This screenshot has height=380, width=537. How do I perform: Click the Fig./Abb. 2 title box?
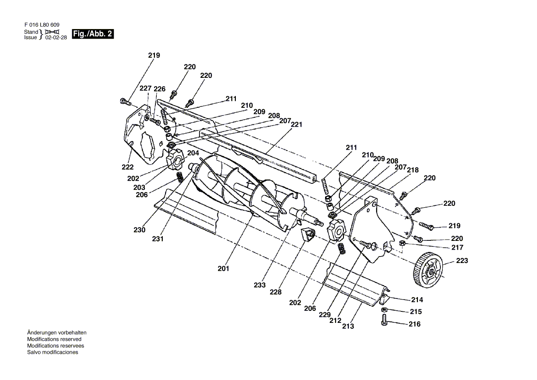pos(93,34)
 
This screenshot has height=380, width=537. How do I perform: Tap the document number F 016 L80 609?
pos(42,25)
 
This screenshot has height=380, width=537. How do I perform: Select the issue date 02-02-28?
pos(56,38)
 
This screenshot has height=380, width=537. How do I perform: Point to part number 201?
pos(223,269)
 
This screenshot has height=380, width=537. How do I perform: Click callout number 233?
pos(260,285)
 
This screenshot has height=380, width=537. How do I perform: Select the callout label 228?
pos(275,292)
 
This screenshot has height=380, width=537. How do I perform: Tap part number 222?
pos(127,167)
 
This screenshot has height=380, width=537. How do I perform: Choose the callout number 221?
pos(297,124)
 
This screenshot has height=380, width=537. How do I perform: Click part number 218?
pos(413,170)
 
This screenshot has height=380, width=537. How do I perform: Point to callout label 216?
pos(414,324)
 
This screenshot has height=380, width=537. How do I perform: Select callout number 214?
pos(417,300)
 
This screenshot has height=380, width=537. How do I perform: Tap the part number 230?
pos(139,230)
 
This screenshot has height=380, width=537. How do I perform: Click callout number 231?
pos(158,239)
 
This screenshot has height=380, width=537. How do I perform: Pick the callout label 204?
pos(193,153)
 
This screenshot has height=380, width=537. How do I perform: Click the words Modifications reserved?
pos(54,339)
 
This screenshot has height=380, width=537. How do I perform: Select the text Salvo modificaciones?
pos(53,352)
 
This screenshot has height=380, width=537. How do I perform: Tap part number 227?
pos(146,88)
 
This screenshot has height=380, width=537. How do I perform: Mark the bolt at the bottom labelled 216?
pos(384,320)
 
